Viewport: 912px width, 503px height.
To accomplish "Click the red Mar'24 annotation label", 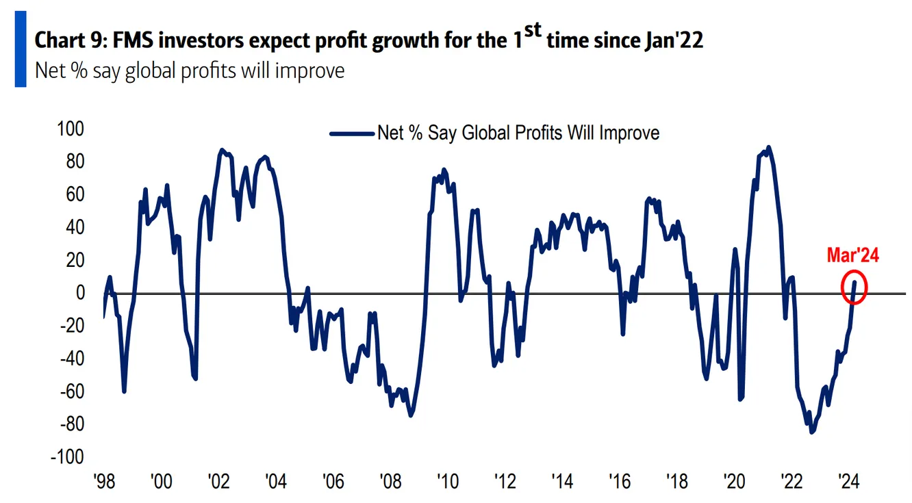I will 852,256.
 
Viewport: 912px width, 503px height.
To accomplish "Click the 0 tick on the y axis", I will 80,293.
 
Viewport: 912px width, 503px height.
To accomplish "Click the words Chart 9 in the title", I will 66,40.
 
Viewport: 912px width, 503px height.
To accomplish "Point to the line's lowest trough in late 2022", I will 812,432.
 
